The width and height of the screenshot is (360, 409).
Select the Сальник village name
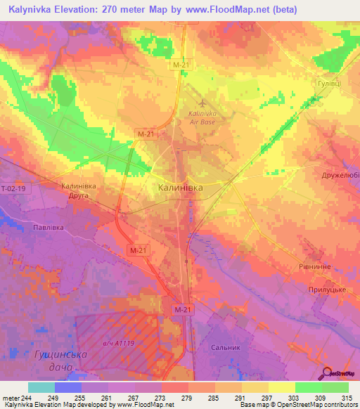click(x=225, y=347)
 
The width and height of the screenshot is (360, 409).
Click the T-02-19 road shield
click(x=12, y=189)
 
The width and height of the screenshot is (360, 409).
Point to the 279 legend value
click(x=187, y=398)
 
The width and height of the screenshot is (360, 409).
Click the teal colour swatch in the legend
click(x=41, y=387)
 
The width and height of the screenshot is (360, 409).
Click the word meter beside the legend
click(x=11, y=398)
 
